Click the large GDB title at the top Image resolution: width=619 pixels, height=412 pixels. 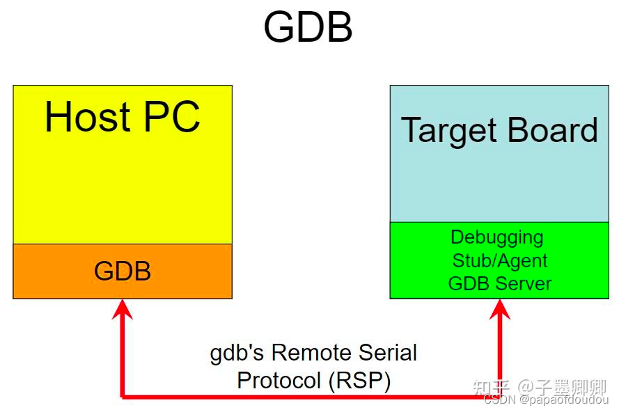(x=308, y=29)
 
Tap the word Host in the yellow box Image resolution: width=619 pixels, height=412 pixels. (x=88, y=117)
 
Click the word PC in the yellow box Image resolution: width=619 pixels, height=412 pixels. (x=172, y=117)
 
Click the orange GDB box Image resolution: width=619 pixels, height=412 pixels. (x=123, y=271)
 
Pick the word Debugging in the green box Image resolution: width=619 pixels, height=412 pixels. (x=497, y=237)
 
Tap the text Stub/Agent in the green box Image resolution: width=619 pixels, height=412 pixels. (x=500, y=261)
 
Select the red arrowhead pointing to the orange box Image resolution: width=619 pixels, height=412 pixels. (x=123, y=309)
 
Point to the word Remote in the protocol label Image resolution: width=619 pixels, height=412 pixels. (x=301, y=353)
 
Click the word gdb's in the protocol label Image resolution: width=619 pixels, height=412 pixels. (x=237, y=353)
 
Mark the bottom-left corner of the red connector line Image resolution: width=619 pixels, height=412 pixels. (x=123, y=397)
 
